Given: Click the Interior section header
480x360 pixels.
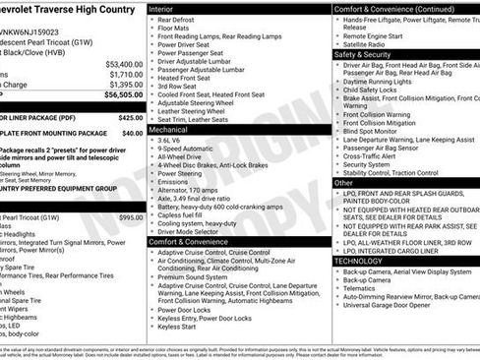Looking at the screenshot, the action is (161, 8).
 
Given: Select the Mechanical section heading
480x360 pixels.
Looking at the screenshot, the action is (168, 129).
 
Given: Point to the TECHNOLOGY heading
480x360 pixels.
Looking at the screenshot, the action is (358, 261).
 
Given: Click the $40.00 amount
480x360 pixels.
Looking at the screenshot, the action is (132, 132).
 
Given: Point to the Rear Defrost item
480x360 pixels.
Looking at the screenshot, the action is (176, 20).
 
